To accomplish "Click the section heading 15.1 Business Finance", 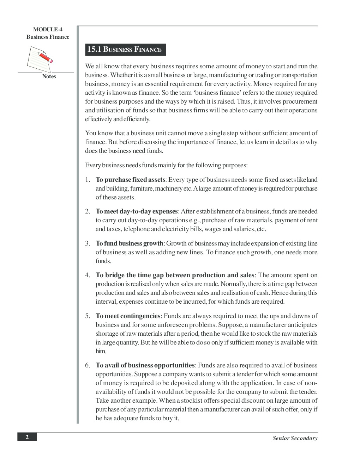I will tap(125, 50).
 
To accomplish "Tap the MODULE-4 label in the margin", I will tap(48, 30).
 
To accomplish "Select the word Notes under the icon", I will tap(49, 76).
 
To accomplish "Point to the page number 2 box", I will tap(27, 437).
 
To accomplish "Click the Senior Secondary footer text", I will tap(295, 438).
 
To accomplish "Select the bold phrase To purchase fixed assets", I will tap(130, 180).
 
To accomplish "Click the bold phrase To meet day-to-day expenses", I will tap(137, 211).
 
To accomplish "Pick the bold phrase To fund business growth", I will tap(129, 243).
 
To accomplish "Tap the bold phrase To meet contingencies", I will tap(128, 316).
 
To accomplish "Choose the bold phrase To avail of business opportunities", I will tap(145, 365).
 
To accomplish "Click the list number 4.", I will tap(87, 275).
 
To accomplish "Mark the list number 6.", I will tap(87, 365).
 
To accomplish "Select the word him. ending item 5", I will tap(101, 351).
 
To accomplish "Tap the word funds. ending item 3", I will tap(103, 261).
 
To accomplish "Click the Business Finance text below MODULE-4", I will tap(48, 37).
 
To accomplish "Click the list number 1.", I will tap(87, 180).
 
